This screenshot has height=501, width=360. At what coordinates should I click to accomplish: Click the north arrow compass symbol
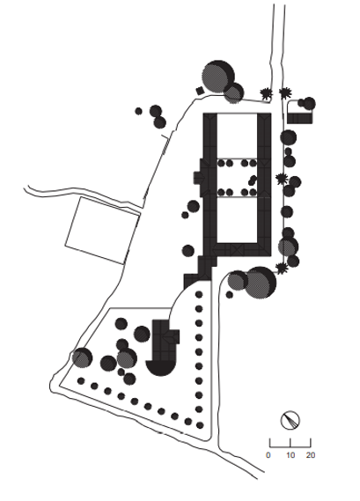coord(290,420)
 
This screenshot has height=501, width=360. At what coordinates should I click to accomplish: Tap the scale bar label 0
coord(268,455)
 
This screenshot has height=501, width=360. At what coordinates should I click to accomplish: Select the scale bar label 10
coord(290,455)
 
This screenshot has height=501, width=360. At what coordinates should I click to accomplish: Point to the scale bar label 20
coord(311,455)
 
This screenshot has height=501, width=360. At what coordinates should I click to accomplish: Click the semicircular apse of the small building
coord(160,368)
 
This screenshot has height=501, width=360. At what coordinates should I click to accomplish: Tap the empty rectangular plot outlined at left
coord(102,231)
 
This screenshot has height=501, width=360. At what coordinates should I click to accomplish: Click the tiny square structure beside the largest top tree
coord(200,91)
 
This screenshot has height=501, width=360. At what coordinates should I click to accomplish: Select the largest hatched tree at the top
coord(218,77)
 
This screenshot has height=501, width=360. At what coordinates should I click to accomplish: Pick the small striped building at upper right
coord(299,118)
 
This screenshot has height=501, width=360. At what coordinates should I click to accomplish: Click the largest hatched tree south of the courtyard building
coord(260,283)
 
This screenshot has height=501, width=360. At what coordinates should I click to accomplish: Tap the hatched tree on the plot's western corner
coord(82,357)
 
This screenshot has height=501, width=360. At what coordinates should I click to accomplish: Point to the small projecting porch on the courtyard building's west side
coord(197,177)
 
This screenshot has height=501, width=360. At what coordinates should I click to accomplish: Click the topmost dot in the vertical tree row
coord(199,294)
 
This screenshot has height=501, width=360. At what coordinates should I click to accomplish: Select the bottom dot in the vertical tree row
coord(200,425)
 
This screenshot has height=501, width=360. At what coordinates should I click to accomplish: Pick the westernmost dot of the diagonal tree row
coord(81,380)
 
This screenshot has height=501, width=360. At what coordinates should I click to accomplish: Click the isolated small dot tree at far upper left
coord(138,111)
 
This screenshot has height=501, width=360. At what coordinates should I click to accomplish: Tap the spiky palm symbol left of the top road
coord(266,93)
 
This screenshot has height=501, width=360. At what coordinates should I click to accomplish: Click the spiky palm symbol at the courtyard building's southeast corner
coord(281,269)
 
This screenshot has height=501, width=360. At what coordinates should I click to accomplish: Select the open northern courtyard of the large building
coord(237,136)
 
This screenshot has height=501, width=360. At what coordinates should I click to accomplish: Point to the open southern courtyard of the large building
coord(237,219)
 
